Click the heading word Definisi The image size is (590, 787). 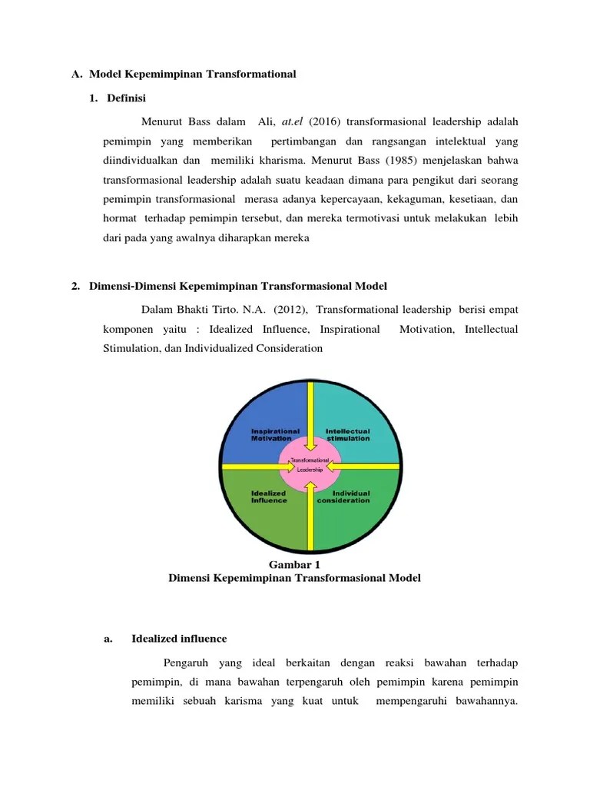(x=127, y=98)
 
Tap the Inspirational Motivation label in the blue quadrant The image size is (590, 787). (x=275, y=434)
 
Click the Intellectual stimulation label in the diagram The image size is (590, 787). (x=347, y=434)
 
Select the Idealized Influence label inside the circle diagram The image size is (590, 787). (x=269, y=496)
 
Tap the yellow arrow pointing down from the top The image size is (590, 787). (x=310, y=415)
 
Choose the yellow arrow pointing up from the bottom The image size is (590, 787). (x=310, y=515)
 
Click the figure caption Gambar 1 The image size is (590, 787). (x=294, y=565)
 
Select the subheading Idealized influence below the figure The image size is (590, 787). (x=179, y=639)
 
